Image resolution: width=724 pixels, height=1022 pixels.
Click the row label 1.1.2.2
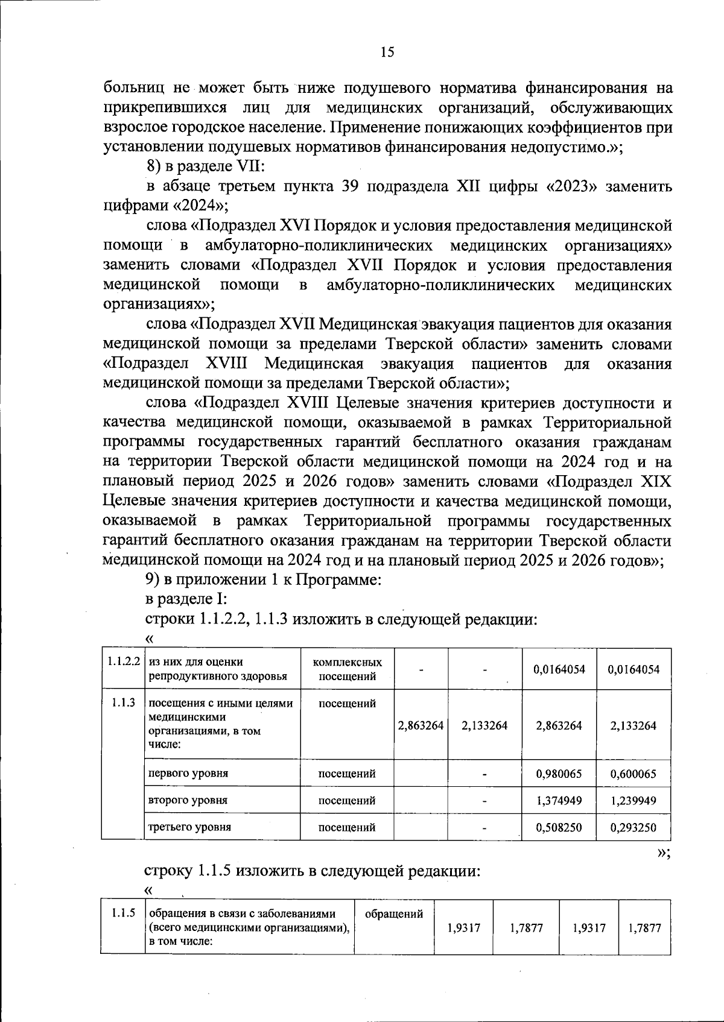pos(124,661)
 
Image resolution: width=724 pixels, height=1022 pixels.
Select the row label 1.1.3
pos(123,702)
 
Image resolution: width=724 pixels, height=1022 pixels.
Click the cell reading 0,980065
pos(559,774)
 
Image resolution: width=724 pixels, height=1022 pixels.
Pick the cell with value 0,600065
pos(633,774)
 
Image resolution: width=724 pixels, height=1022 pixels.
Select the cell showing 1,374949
pos(559,800)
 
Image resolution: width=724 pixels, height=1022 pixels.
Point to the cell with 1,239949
pos(633,800)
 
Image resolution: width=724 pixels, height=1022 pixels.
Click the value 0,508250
pos(559,827)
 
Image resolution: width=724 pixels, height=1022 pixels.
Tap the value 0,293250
pos(633,827)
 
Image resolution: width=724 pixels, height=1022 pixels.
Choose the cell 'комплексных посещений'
pos(347,669)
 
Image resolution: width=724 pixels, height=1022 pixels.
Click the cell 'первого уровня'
pos(188,773)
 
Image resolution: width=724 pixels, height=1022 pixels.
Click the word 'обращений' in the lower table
pos(394,914)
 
